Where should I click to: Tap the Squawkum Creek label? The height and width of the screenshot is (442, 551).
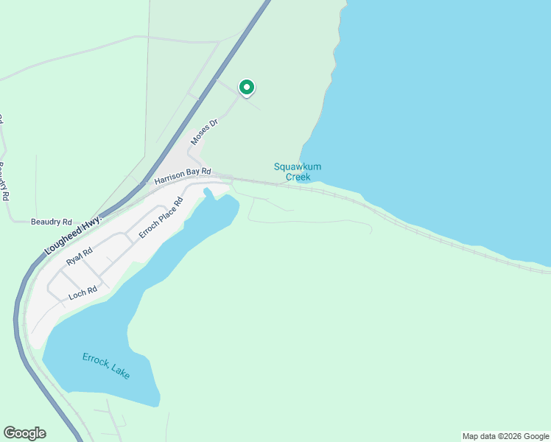298,172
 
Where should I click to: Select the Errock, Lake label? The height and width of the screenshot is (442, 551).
106,366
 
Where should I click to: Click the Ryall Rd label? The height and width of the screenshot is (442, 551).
79,256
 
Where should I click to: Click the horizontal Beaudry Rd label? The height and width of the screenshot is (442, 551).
52,222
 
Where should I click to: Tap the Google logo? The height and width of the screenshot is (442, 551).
24,433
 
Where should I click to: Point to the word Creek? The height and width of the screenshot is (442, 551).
298,177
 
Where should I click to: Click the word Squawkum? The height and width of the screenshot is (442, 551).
298,166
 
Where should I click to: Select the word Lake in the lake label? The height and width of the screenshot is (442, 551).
120,372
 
